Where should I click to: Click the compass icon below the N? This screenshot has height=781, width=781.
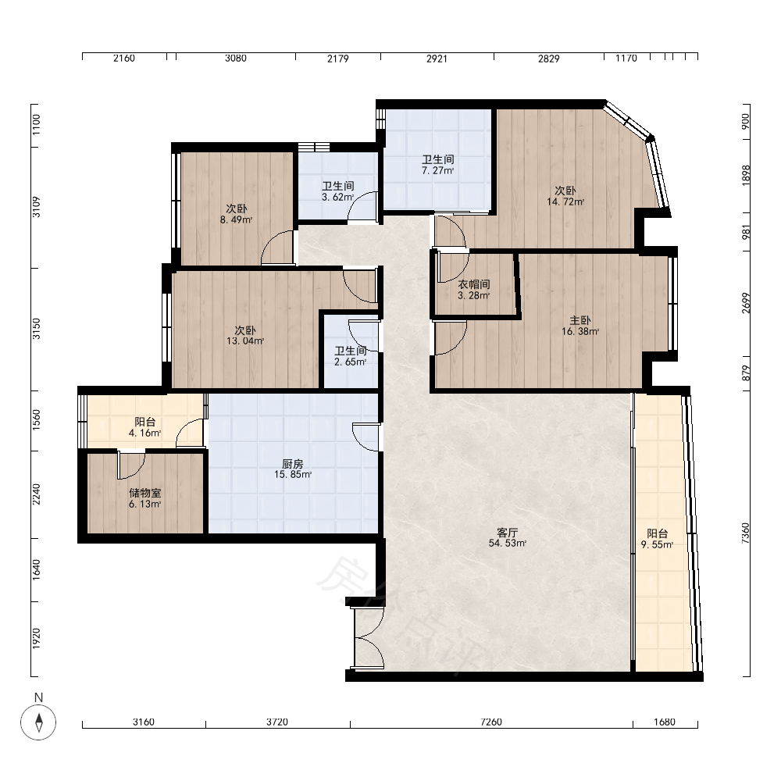point(38,722)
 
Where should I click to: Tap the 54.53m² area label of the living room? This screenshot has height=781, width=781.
point(507,544)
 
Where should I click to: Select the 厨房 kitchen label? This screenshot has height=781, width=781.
point(292,464)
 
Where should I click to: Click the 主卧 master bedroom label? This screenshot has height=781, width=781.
point(580,320)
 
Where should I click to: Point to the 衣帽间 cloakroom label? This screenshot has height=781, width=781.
point(474,284)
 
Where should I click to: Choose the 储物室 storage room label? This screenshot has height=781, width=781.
point(145,493)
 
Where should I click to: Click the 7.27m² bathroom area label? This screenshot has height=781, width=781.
point(438,171)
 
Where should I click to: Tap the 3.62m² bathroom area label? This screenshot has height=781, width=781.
point(337,198)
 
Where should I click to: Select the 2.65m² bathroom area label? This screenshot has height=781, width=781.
point(350,362)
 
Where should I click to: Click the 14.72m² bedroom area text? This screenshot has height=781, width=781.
point(565,201)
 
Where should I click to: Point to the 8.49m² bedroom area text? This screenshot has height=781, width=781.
point(236,219)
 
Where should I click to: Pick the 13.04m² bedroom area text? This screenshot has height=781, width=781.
point(245,341)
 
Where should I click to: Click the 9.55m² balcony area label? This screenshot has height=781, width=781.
point(657,545)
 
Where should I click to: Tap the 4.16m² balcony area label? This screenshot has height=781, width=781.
point(144,433)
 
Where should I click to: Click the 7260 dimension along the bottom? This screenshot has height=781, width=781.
point(491,722)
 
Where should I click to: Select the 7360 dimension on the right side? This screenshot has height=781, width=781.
point(745,533)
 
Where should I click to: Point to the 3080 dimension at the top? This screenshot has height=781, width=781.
point(236,59)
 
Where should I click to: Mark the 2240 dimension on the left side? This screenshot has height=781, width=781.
point(37,494)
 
